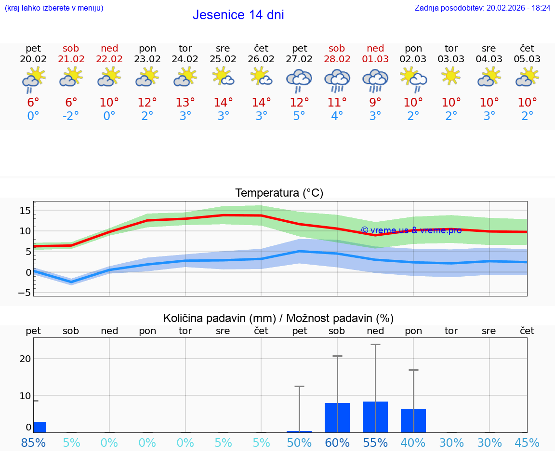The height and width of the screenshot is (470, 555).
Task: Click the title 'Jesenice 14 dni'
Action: point(238,15)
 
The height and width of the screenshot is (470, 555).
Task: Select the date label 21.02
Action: point(71,59)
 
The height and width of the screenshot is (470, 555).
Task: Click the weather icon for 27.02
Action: point(299,80)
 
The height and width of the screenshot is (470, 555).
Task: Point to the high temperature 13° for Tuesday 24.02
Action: point(185,103)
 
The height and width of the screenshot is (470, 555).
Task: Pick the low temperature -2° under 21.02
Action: point(71,116)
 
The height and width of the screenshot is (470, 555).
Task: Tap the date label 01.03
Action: point(375,59)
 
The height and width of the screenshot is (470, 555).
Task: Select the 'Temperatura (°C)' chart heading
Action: point(279,193)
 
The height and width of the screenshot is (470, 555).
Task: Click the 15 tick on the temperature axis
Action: point(25,211)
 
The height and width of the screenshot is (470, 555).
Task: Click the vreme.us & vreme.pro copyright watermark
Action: point(411,230)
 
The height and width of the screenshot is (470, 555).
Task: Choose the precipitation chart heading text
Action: point(278,318)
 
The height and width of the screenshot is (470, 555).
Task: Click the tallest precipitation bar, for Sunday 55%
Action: point(375,417)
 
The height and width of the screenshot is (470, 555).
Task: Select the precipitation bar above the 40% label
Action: point(413,421)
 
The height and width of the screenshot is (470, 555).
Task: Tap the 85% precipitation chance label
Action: point(34,443)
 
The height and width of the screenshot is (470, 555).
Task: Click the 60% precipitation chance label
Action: point(337,443)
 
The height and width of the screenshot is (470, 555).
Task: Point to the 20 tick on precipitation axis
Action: point(25,359)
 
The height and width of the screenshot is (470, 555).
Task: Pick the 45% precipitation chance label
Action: point(527,443)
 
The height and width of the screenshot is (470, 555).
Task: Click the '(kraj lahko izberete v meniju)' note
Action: point(54,8)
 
